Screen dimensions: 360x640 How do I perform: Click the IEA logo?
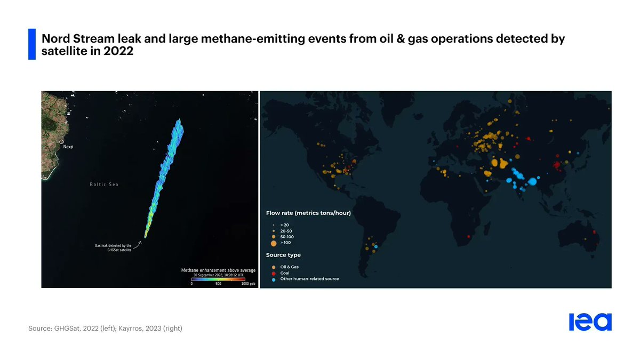pyautogui.click(x=590, y=322)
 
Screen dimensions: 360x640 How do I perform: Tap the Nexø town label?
pyautogui.click(x=68, y=146)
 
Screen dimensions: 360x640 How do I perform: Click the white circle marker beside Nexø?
pyautogui.click(x=61, y=142)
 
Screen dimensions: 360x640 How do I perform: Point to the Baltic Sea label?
pyautogui.click(x=104, y=185)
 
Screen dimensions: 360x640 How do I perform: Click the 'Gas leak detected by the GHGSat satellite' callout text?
pyautogui.click(x=113, y=247)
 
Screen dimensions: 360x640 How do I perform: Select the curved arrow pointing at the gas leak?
pyautogui.click(x=137, y=245)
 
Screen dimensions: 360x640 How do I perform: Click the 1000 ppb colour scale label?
pyautogui.click(x=249, y=284)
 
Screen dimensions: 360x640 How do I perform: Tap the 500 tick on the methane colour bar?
pyautogui.click(x=218, y=284)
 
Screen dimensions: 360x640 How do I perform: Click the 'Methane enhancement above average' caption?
pyautogui.click(x=218, y=270)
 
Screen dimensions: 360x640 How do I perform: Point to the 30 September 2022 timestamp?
pyautogui.click(x=218, y=275)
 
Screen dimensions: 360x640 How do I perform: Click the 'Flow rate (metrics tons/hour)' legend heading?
pyautogui.click(x=308, y=213)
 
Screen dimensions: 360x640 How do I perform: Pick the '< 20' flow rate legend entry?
pyautogui.click(x=284, y=225)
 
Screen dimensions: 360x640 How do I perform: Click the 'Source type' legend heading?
pyautogui.click(x=283, y=255)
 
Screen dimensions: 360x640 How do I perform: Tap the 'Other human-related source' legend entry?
pyautogui.click(x=309, y=279)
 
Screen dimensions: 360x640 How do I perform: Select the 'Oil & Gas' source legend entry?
pyautogui.click(x=289, y=267)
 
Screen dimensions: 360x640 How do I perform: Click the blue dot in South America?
pyautogui.click(x=376, y=247)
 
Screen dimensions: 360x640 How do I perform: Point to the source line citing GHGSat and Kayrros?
pyautogui.click(x=105, y=329)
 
